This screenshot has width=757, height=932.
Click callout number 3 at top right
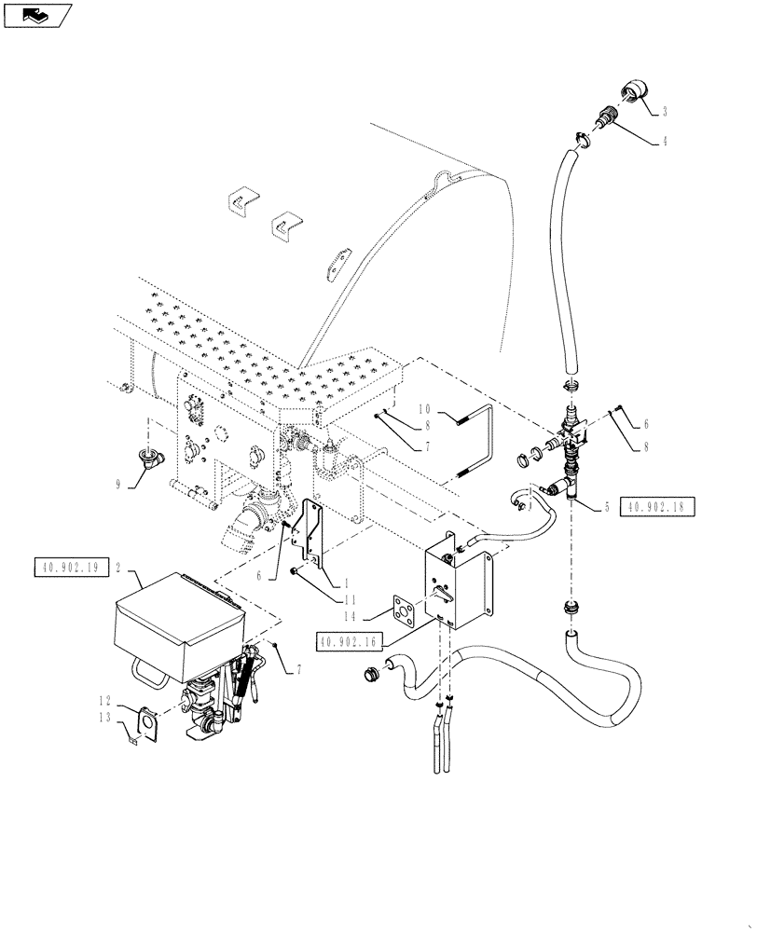[x=665, y=112]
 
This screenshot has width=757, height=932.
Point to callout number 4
[x=665, y=142]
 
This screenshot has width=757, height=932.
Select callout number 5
[x=607, y=507]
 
